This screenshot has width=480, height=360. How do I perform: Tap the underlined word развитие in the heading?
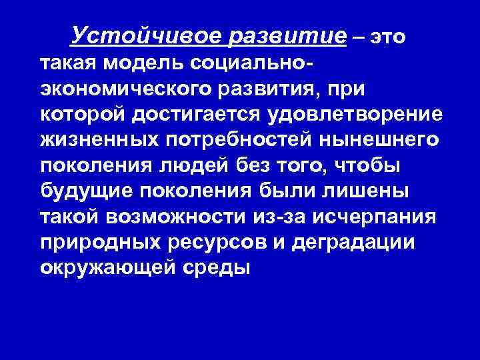pos(287,35)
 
